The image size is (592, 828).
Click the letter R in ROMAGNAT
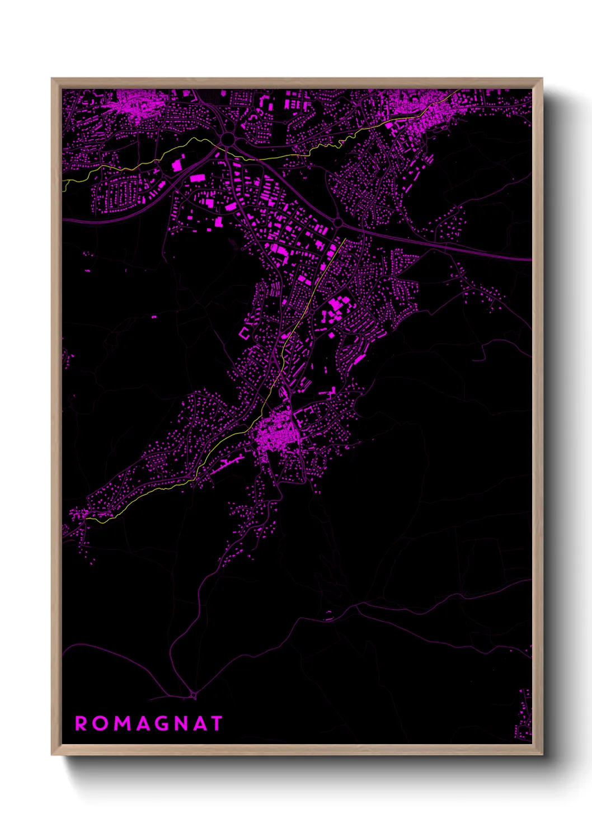click(81, 723)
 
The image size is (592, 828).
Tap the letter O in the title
click(101, 723)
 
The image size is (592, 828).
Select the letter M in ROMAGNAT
click(123, 723)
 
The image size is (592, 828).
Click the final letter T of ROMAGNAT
click(217, 723)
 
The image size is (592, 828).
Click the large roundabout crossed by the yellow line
click(228, 138)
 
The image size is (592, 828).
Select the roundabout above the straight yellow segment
click(338, 223)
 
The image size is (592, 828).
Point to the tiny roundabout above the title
click(194, 695)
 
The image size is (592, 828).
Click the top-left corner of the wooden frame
click(52, 79)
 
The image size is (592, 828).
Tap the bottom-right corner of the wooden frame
click(542, 754)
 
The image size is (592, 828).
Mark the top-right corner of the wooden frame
click(542, 79)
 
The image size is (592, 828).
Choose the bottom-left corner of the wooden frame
click(52, 754)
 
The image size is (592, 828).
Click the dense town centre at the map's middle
click(274, 434)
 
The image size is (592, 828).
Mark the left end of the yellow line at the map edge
click(64, 181)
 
